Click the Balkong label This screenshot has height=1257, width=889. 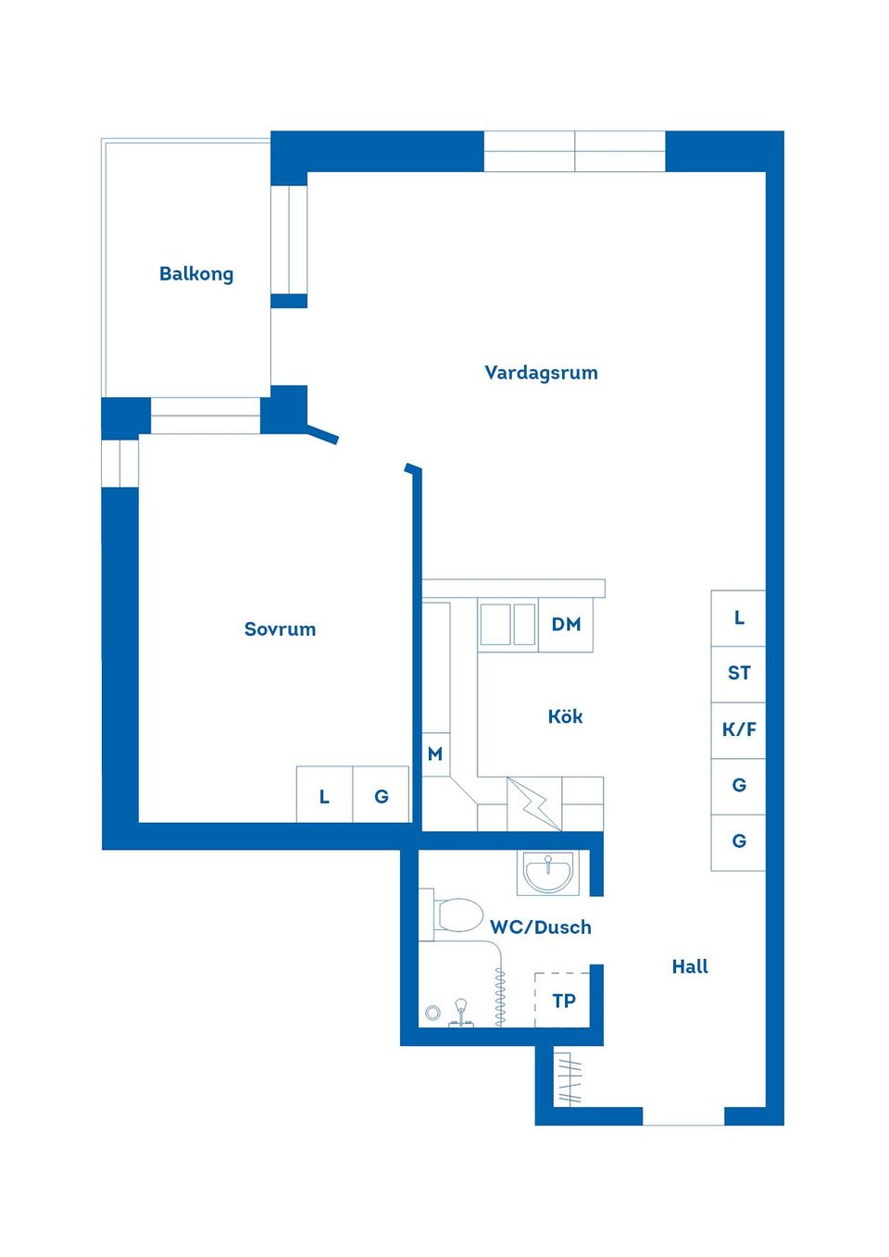click(196, 274)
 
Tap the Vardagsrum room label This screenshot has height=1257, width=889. click(541, 373)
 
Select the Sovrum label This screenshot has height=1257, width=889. click(280, 629)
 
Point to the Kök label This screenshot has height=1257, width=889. click(565, 716)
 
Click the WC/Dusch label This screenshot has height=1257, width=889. click(541, 927)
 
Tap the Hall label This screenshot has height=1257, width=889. click(690, 966)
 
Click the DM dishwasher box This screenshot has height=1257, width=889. click(566, 625)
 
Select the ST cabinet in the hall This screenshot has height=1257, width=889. click(739, 673)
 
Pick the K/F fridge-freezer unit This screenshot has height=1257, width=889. click(739, 729)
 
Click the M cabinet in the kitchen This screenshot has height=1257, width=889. click(435, 754)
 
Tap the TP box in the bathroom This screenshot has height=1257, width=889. click(563, 1000)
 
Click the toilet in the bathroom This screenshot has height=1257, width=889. click(457, 915)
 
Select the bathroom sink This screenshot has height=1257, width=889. click(548, 872)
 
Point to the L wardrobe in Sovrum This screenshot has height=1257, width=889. click(324, 796)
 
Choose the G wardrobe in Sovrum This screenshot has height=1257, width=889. click(382, 796)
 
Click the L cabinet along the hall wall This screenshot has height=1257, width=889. click(739, 617)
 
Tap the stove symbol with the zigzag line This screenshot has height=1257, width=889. click(534, 803)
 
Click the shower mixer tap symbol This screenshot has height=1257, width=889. click(461, 1013)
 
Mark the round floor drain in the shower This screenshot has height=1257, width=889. click(432, 1014)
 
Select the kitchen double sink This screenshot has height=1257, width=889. click(508, 625)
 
